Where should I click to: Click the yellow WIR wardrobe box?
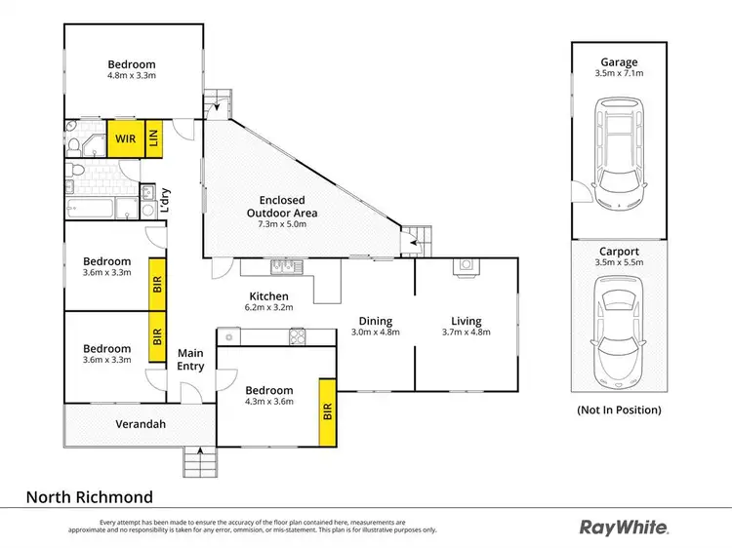pyautogui.click(x=126, y=138)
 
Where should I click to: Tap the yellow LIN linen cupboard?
pyautogui.click(x=155, y=138)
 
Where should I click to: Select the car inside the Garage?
pyautogui.click(x=618, y=156)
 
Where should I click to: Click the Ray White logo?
pyautogui.click(x=625, y=528)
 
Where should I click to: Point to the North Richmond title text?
pyautogui.click(x=89, y=496)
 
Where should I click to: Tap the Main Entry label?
pyautogui.click(x=190, y=360)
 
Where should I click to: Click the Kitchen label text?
pyautogui.click(x=268, y=295)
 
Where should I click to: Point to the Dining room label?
pyautogui.click(x=375, y=321)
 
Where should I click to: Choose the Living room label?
pyautogui.click(x=467, y=321)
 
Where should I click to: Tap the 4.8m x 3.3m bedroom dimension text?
pyautogui.click(x=132, y=75)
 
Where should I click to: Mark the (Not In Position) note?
pyautogui.click(x=619, y=410)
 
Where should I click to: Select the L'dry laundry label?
pyautogui.click(x=166, y=201)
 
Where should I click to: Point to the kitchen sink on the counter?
pyautogui.click(x=283, y=265)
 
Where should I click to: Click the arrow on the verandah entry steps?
pyautogui.click(x=200, y=452)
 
